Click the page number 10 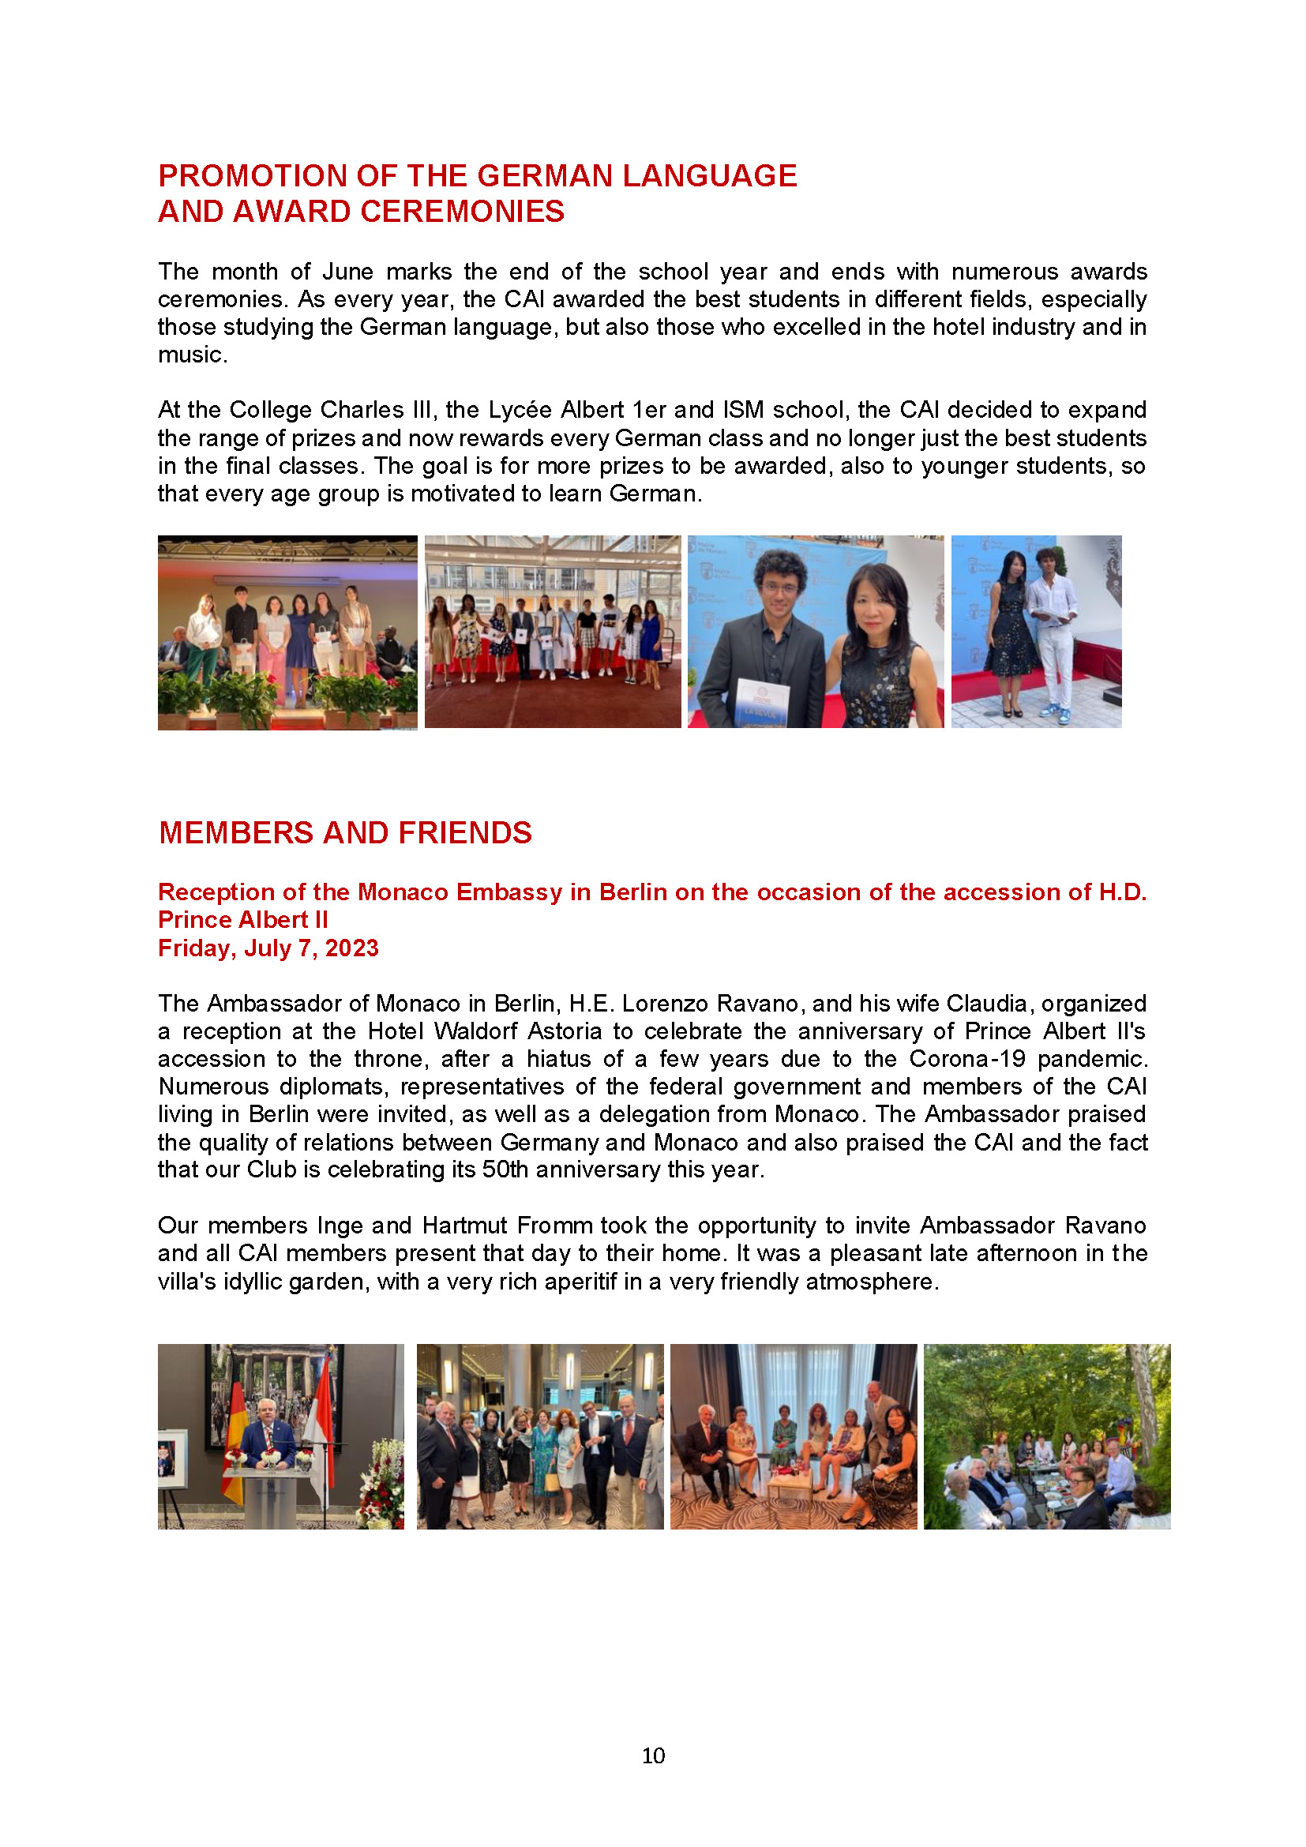coord(653,1755)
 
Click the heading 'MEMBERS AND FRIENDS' coord(345,832)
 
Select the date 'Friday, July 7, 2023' coord(268,948)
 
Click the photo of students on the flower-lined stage coord(287,633)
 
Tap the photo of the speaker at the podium coord(280,1436)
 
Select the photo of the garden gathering coord(1046,1436)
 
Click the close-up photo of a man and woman coord(816,632)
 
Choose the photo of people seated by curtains coord(793,1436)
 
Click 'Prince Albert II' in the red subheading coord(243,919)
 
